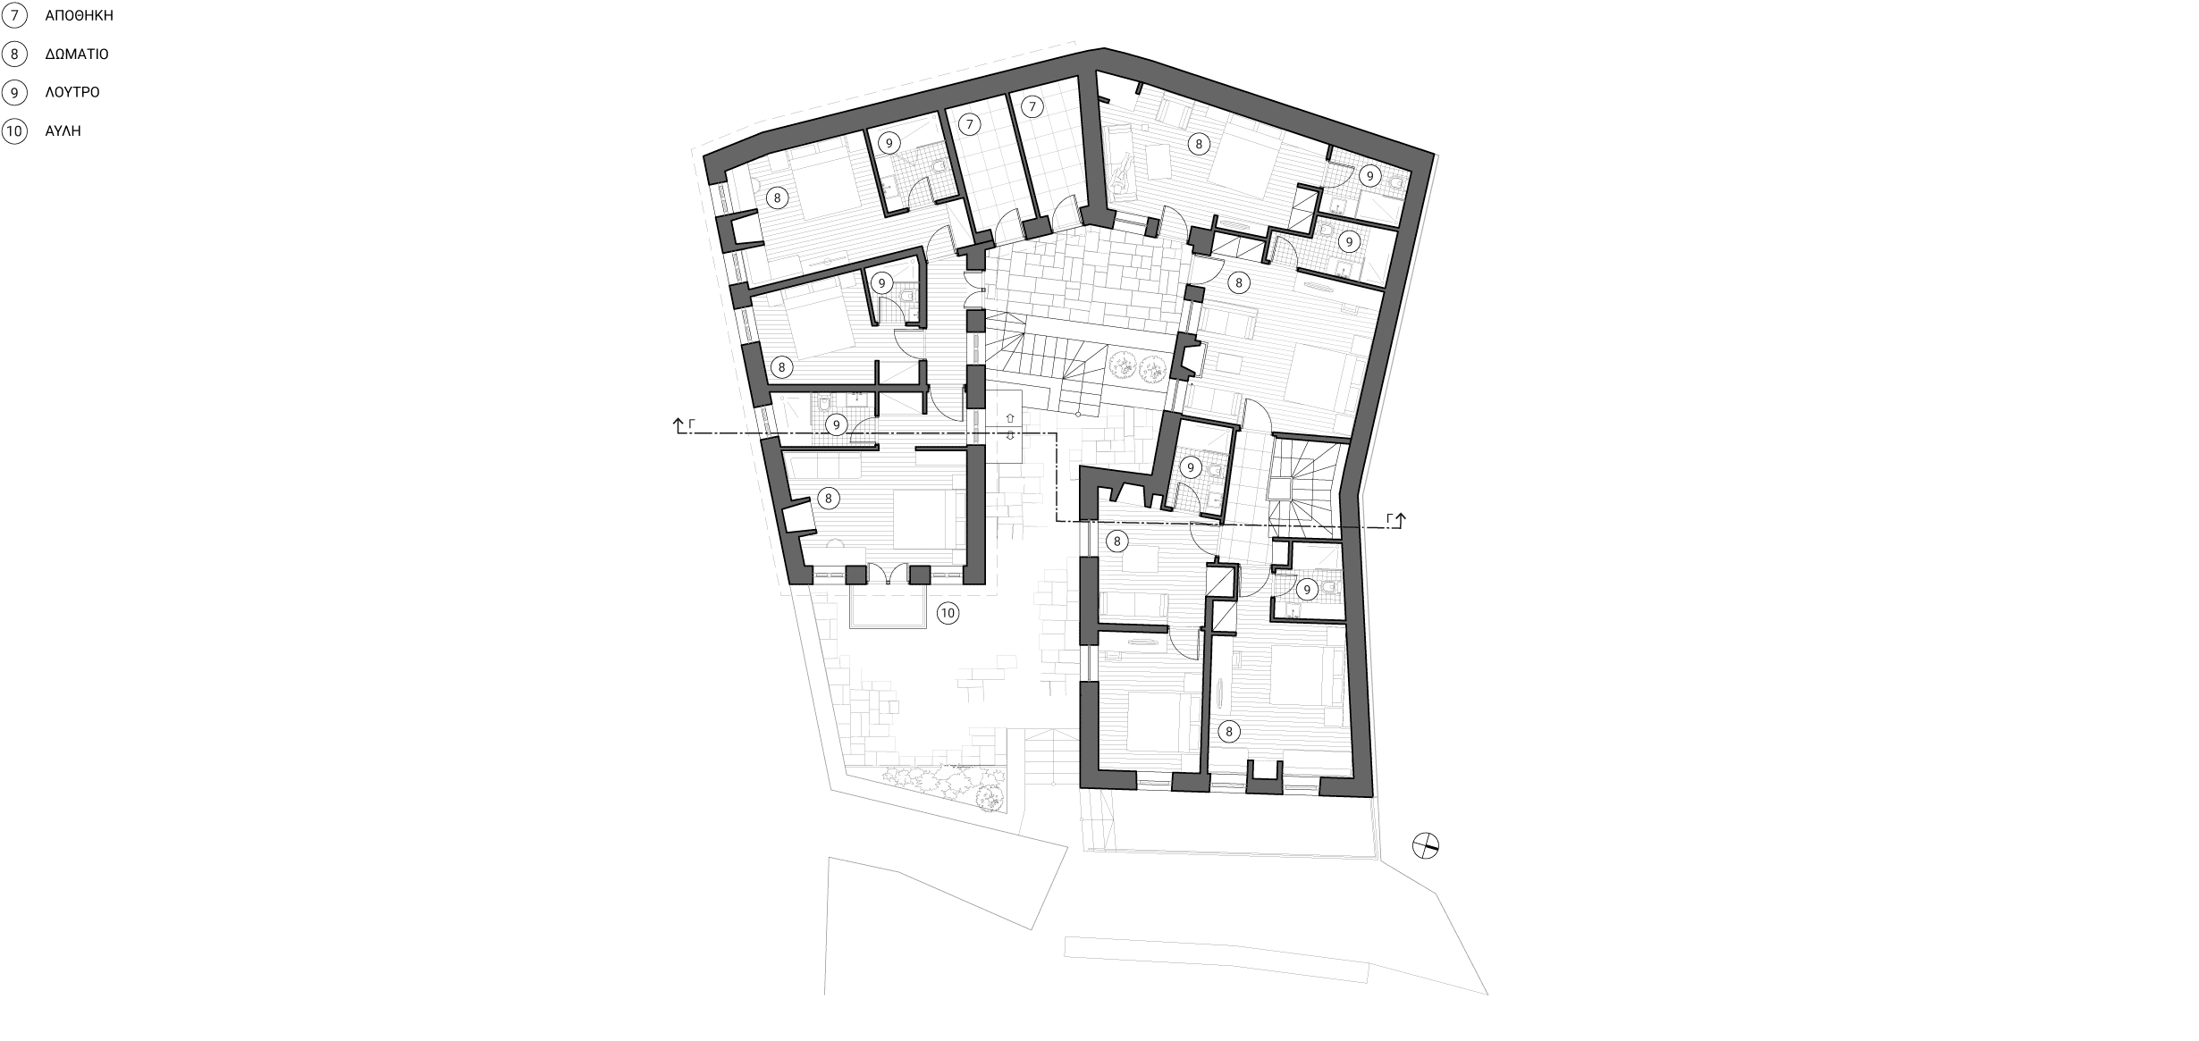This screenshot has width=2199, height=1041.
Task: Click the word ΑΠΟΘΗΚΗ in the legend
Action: tap(80, 15)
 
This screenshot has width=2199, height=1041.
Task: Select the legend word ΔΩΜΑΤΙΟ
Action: tap(77, 54)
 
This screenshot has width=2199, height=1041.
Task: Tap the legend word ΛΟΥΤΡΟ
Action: tap(72, 92)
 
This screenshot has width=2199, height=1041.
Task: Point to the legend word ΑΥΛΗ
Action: tap(63, 130)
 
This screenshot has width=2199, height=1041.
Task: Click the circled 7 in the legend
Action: tap(14, 15)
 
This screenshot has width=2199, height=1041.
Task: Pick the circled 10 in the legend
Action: tap(14, 130)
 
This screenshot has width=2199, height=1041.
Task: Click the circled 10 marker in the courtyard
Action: tap(948, 613)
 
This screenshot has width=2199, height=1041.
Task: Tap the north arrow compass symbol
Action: tap(1426, 846)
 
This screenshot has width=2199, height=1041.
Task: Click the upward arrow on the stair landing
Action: tap(1011, 417)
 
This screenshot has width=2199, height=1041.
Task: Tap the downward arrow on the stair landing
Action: tap(1011, 436)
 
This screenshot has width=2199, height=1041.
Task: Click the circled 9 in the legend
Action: tap(14, 92)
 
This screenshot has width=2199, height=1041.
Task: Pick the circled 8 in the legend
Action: tap(14, 54)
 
